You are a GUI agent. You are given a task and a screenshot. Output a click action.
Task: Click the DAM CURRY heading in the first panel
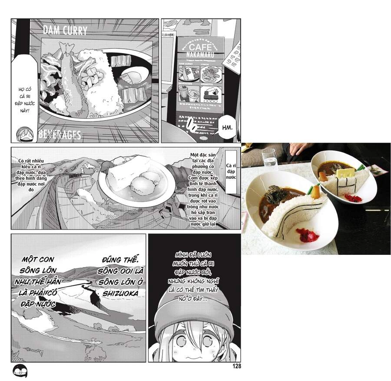coord(65,31)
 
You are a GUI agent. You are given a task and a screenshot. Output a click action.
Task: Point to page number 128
coord(236,366)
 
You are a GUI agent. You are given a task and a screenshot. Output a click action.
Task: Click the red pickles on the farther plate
coord(353,198)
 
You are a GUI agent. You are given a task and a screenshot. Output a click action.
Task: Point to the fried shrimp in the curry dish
coord(70,83)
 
